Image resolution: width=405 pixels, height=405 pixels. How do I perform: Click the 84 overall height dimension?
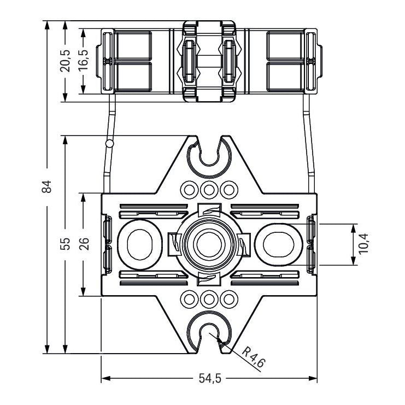tap(47, 186)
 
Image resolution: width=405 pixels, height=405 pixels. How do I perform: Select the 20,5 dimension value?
tap(65, 61)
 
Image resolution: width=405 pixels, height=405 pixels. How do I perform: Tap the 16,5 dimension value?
tap(84, 60)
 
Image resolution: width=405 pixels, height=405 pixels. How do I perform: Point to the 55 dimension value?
tap(65, 244)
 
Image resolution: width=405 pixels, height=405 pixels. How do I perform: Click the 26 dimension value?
tap(84, 244)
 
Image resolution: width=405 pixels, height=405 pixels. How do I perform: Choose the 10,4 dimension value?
tap(363, 243)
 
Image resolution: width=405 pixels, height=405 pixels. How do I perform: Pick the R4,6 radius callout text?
tap(254, 357)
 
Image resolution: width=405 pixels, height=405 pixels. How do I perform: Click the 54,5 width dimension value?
tap(210, 379)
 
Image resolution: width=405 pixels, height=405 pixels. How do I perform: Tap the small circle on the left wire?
tap(109, 143)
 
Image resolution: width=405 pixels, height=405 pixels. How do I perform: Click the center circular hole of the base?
tap(209, 244)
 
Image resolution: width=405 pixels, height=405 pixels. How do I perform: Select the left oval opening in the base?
tap(140, 244)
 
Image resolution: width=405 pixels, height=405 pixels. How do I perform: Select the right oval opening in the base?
tap(279, 244)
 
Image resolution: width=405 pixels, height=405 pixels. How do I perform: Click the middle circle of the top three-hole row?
tap(209, 190)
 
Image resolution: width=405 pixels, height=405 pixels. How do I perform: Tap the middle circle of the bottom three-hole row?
tap(209, 300)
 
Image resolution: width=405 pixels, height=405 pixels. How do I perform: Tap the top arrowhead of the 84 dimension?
tap(47, 25)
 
